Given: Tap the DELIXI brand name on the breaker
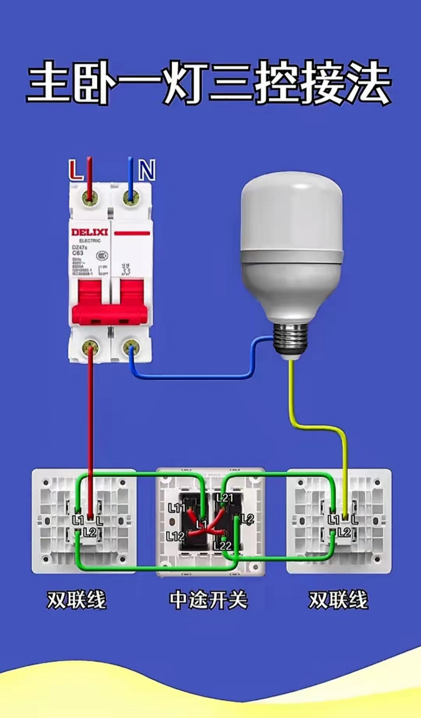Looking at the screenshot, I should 89,232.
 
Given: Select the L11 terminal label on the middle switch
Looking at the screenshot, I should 176,508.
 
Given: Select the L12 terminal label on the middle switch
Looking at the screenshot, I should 175,537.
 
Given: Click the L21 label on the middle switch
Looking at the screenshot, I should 224,498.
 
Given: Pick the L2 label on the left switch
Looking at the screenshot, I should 90,531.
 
